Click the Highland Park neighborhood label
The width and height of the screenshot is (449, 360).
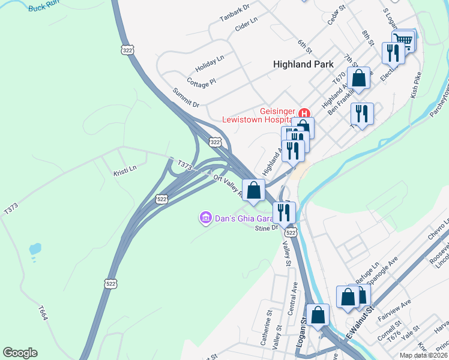coord(303,64)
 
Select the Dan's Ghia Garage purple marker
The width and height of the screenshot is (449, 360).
coord(205,217)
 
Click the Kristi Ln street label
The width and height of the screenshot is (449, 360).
coord(125,170)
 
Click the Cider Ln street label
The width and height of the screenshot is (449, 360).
coord(246,24)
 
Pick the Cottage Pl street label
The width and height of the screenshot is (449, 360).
coord(201,82)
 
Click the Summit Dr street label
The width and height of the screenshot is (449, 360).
coord(185,97)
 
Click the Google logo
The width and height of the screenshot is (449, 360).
coord(20,353)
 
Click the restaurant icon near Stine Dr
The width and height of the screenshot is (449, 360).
coord(284,212)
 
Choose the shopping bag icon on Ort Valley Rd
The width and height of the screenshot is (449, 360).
coord(254,190)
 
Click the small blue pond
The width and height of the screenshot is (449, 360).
coord(35,248)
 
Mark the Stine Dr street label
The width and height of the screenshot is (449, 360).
coord(267,228)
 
